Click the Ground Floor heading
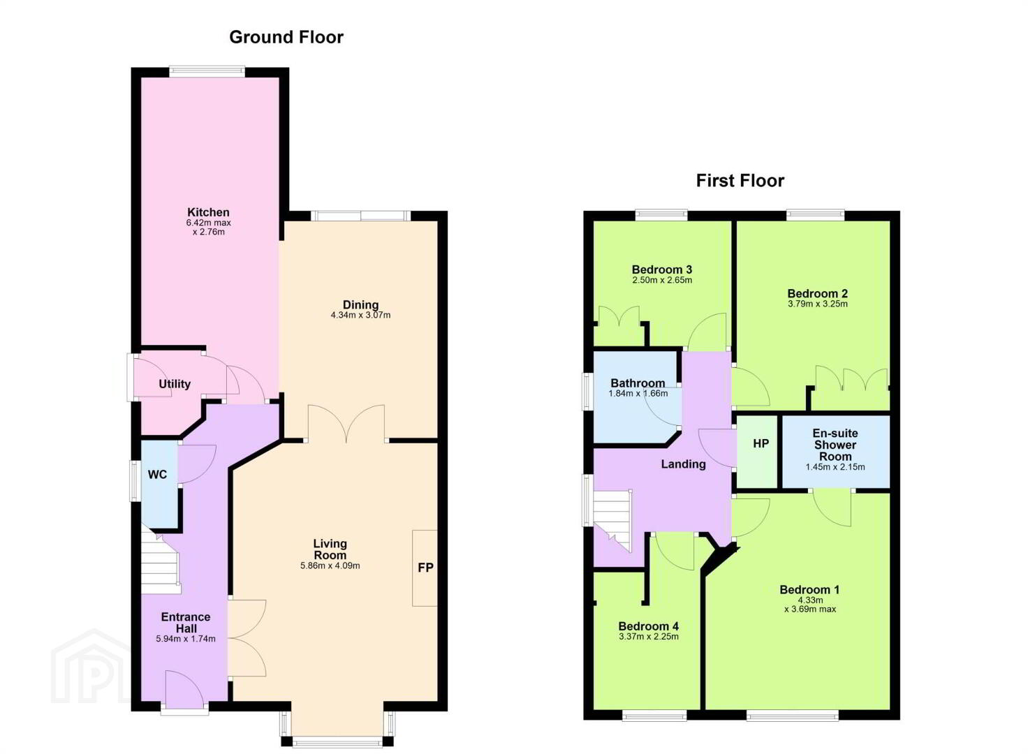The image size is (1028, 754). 286,37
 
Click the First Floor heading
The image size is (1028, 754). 740,181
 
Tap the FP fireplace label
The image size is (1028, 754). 425,568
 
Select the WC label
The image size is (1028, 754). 157,475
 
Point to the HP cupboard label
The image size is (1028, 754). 761,443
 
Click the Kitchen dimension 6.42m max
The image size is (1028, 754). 208,223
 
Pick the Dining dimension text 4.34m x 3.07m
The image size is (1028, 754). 361,316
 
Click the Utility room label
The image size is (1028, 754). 175,384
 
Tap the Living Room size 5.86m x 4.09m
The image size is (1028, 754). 330,565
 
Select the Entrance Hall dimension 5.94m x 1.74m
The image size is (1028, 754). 185,639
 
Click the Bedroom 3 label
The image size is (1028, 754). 662,269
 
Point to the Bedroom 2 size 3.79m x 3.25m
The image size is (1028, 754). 817,304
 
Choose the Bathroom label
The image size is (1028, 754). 638,383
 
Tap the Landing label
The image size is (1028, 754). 683,464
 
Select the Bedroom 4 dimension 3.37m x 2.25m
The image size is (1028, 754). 648,637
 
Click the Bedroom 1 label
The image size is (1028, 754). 809,590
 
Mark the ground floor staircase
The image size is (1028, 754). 160,563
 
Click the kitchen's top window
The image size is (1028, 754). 207,71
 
